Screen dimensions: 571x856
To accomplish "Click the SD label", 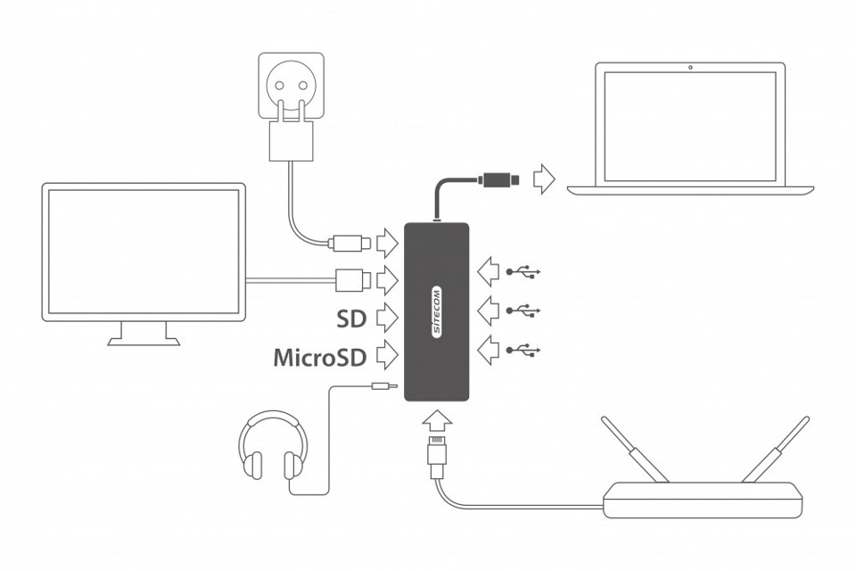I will (351, 318).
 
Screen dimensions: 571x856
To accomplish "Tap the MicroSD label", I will (319, 358).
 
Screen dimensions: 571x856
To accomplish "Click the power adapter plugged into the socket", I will (291, 139).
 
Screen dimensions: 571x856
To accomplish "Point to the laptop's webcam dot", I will (690, 68).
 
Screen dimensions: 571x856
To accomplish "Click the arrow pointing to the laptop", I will (543, 178).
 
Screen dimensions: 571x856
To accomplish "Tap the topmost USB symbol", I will (523, 270).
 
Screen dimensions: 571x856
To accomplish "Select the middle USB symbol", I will (523, 310).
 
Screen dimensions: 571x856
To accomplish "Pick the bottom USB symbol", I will (523, 351).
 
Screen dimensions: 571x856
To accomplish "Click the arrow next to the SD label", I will (386, 317).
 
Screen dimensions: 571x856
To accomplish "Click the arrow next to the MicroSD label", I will (386, 356).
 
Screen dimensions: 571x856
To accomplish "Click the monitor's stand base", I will (144, 340).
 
